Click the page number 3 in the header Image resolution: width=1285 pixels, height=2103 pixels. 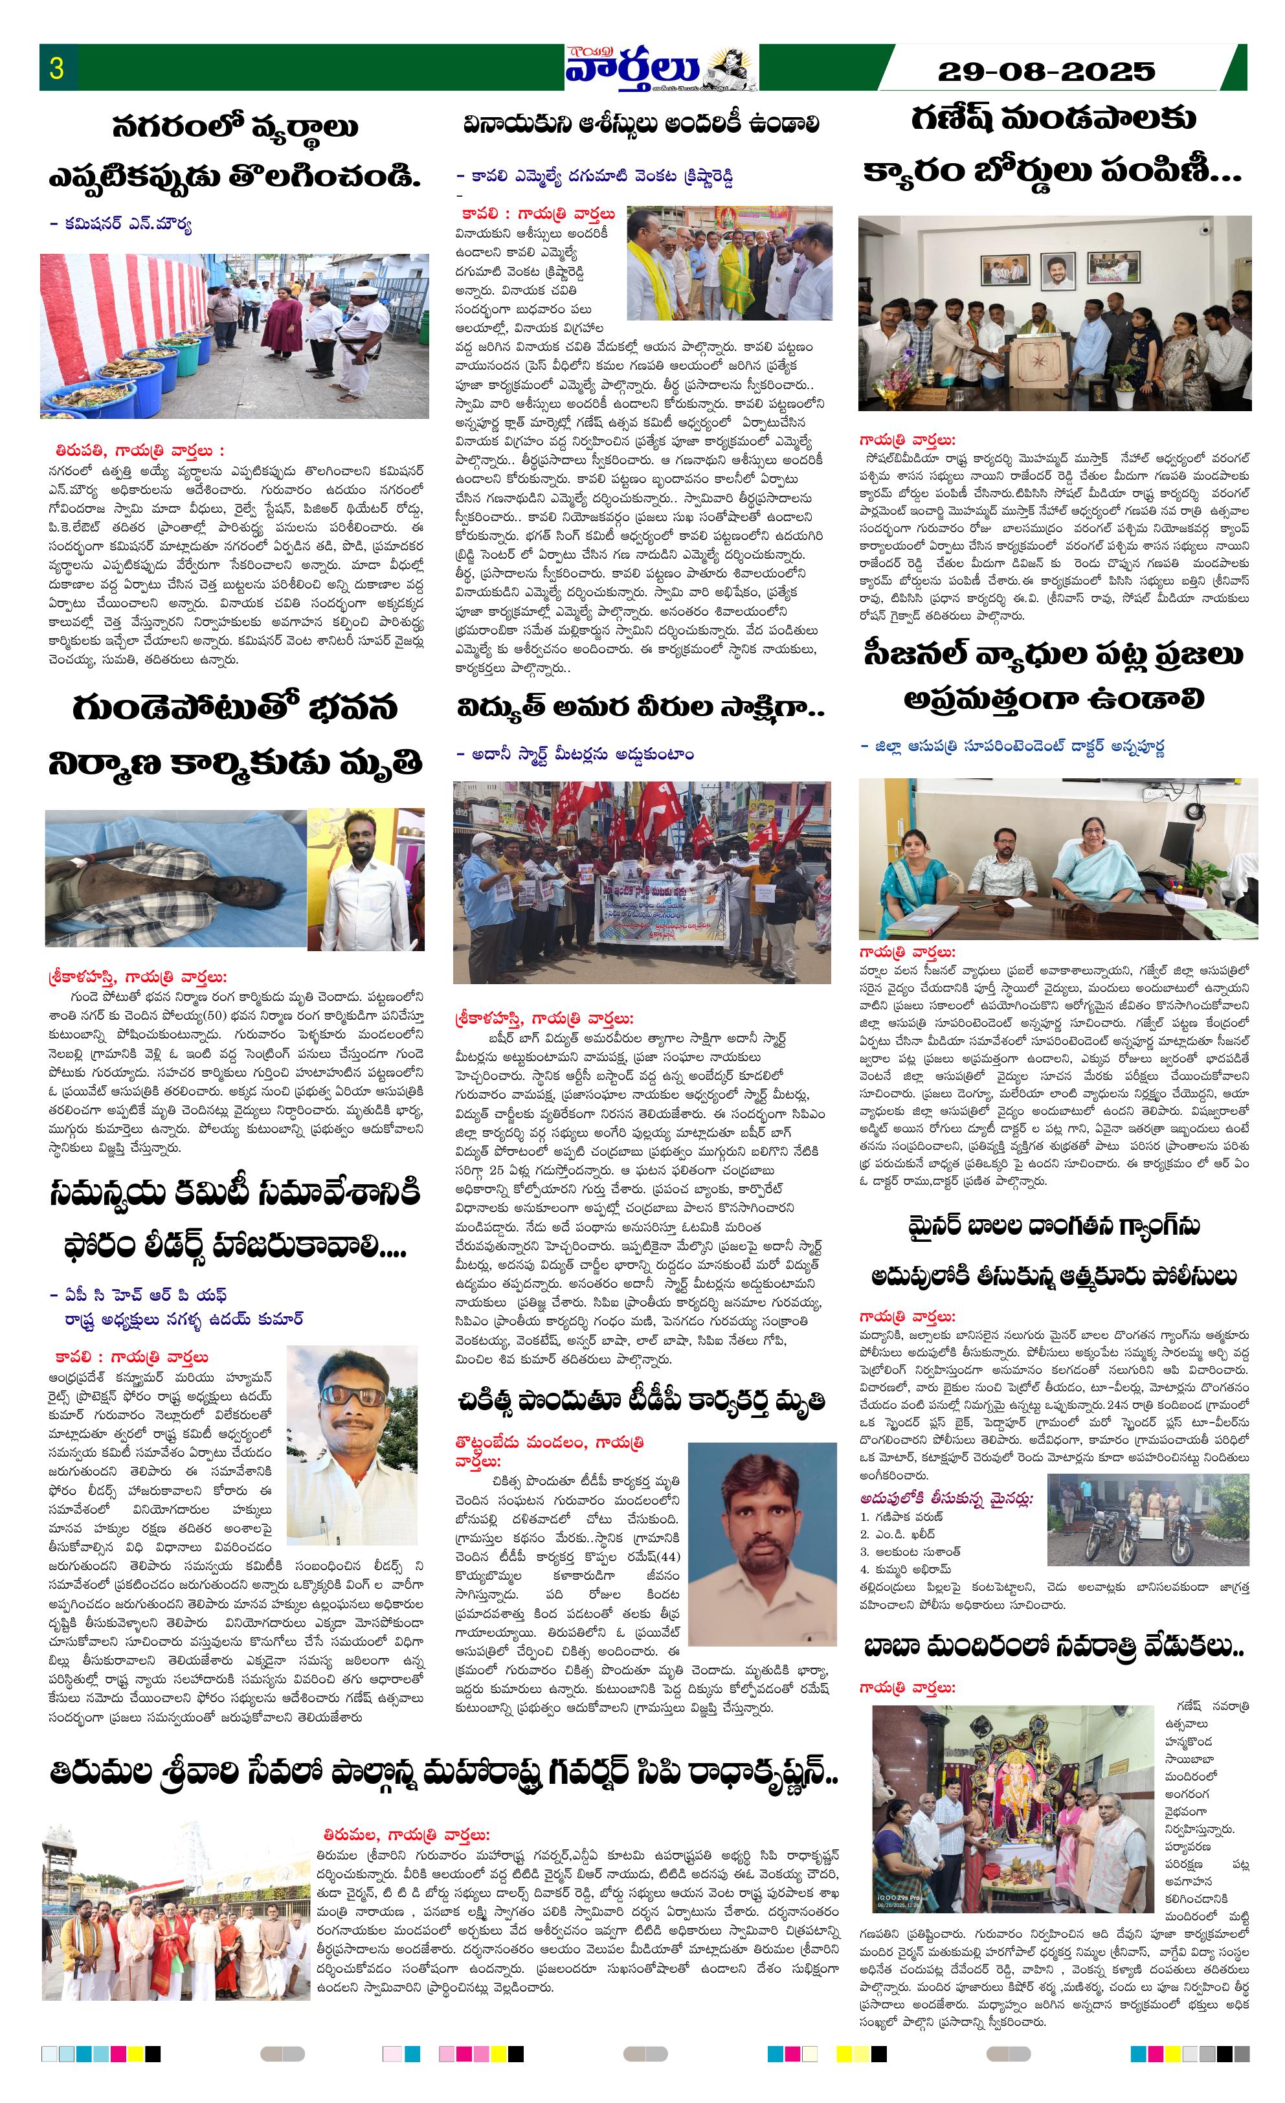coord(57,67)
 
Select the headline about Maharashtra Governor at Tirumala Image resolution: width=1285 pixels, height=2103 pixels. coord(443,1773)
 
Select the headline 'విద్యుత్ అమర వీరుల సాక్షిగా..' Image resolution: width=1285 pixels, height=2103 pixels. coord(640,708)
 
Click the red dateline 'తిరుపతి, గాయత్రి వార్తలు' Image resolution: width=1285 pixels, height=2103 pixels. coord(139,450)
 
